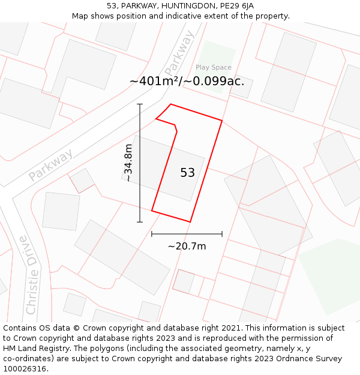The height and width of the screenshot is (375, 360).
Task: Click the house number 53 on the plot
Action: coord(187,173)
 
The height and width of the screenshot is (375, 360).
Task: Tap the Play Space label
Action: coord(213,67)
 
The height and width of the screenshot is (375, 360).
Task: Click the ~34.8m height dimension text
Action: coord(128,163)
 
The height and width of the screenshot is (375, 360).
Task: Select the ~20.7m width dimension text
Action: coord(187,246)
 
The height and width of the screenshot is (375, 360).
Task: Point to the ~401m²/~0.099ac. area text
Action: coord(187,81)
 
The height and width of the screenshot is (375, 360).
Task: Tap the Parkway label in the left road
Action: coord(51,164)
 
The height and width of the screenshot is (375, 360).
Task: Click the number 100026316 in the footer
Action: coord(25,369)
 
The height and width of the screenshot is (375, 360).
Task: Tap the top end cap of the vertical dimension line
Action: coord(140,104)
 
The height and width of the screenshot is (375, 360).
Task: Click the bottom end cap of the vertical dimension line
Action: coord(140,222)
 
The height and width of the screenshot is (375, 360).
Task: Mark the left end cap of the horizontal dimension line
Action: coord(152,234)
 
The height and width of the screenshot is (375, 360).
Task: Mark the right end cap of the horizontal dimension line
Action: coord(222,234)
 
